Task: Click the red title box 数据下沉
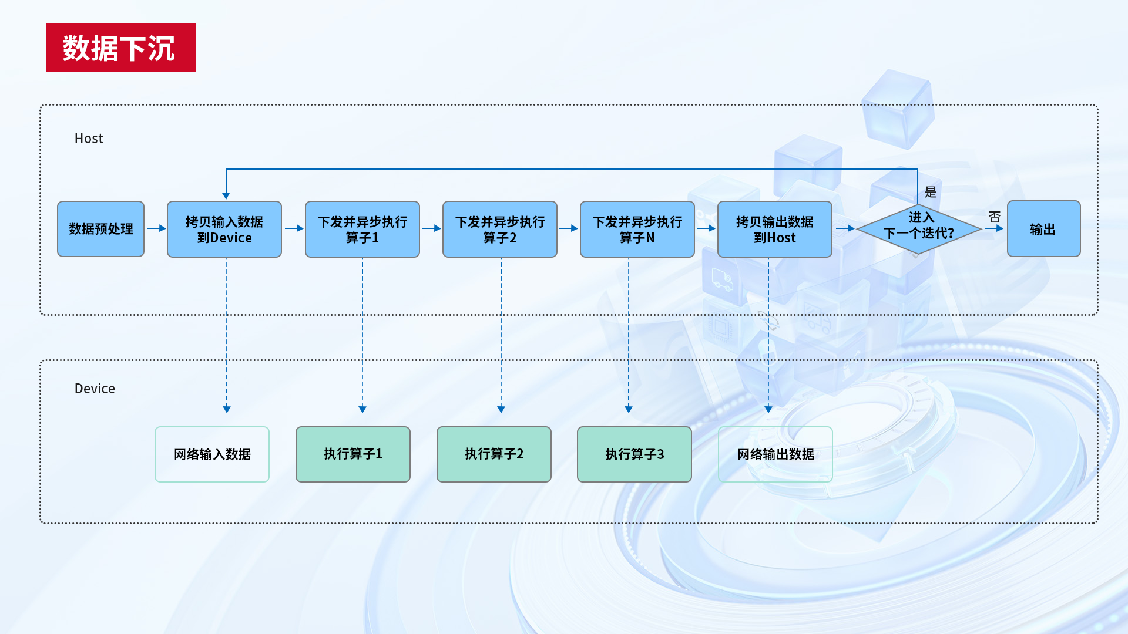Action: click(120, 48)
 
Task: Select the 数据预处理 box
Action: click(100, 229)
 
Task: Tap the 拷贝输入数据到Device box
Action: click(224, 230)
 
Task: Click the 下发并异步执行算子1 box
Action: click(362, 230)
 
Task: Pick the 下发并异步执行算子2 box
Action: click(499, 230)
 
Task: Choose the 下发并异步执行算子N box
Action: click(637, 230)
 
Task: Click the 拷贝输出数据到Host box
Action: click(774, 230)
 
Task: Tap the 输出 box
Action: click(1043, 229)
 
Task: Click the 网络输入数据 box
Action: click(212, 454)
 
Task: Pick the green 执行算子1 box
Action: click(353, 454)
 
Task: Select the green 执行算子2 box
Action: click(494, 454)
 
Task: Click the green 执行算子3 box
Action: click(634, 454)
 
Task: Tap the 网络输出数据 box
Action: click(775, 454)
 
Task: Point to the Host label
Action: click(89, 139)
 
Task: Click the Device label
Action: click(95, 389)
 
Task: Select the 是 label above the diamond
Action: click(931, 192)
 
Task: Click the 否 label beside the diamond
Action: click(994, 217)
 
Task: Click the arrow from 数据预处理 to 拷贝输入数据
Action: click(156, 228)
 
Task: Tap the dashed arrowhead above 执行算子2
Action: click(501, 409)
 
